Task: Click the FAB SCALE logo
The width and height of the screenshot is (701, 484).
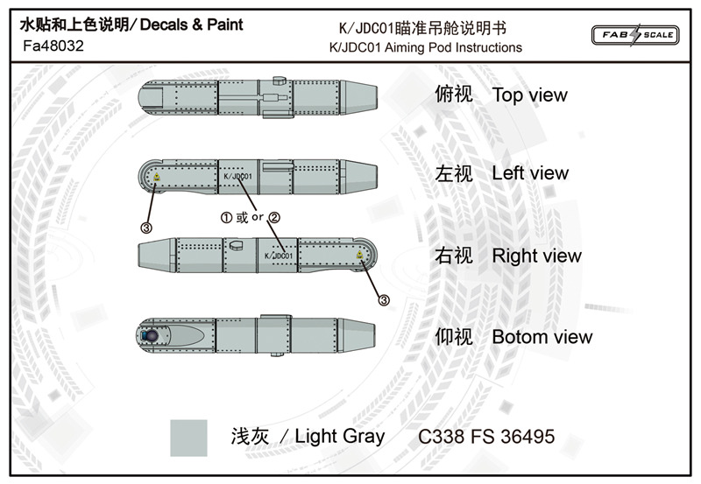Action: tap(637, 34)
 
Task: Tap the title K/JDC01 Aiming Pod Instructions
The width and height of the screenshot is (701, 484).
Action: tap(425, 47)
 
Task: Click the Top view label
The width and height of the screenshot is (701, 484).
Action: tap(529, 95)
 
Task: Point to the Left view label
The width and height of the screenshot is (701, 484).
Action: tap(530, 173)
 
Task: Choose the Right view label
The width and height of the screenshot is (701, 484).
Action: tap(536, 256)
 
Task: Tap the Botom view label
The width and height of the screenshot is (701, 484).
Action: tap(542, 337)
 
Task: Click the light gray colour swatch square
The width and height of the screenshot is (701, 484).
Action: tap(188, 437)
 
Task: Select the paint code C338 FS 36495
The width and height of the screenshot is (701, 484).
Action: tap(486, 436)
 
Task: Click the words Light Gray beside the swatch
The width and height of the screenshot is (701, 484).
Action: tap(339, 436)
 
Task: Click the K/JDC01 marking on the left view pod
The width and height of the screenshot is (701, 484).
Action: tap(237, 177)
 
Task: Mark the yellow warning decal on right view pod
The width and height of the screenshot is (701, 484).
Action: tap(361, 256)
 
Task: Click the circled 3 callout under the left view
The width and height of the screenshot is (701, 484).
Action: tap(145, 228)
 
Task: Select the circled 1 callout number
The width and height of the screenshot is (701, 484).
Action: tap(226, 215)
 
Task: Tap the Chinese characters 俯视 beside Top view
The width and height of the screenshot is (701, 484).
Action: tap(454, 95)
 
